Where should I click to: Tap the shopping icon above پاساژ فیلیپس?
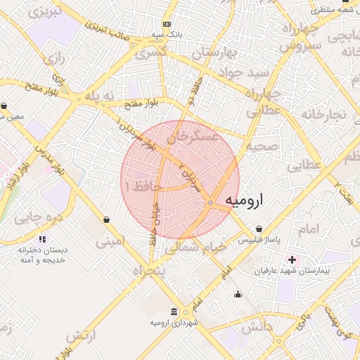pyautogui.click(x=259, y=229)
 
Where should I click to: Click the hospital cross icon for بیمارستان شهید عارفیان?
pyautogui.click(x=292, y=259)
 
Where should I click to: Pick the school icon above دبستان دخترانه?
pyautogui.click(x=42, y=240)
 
